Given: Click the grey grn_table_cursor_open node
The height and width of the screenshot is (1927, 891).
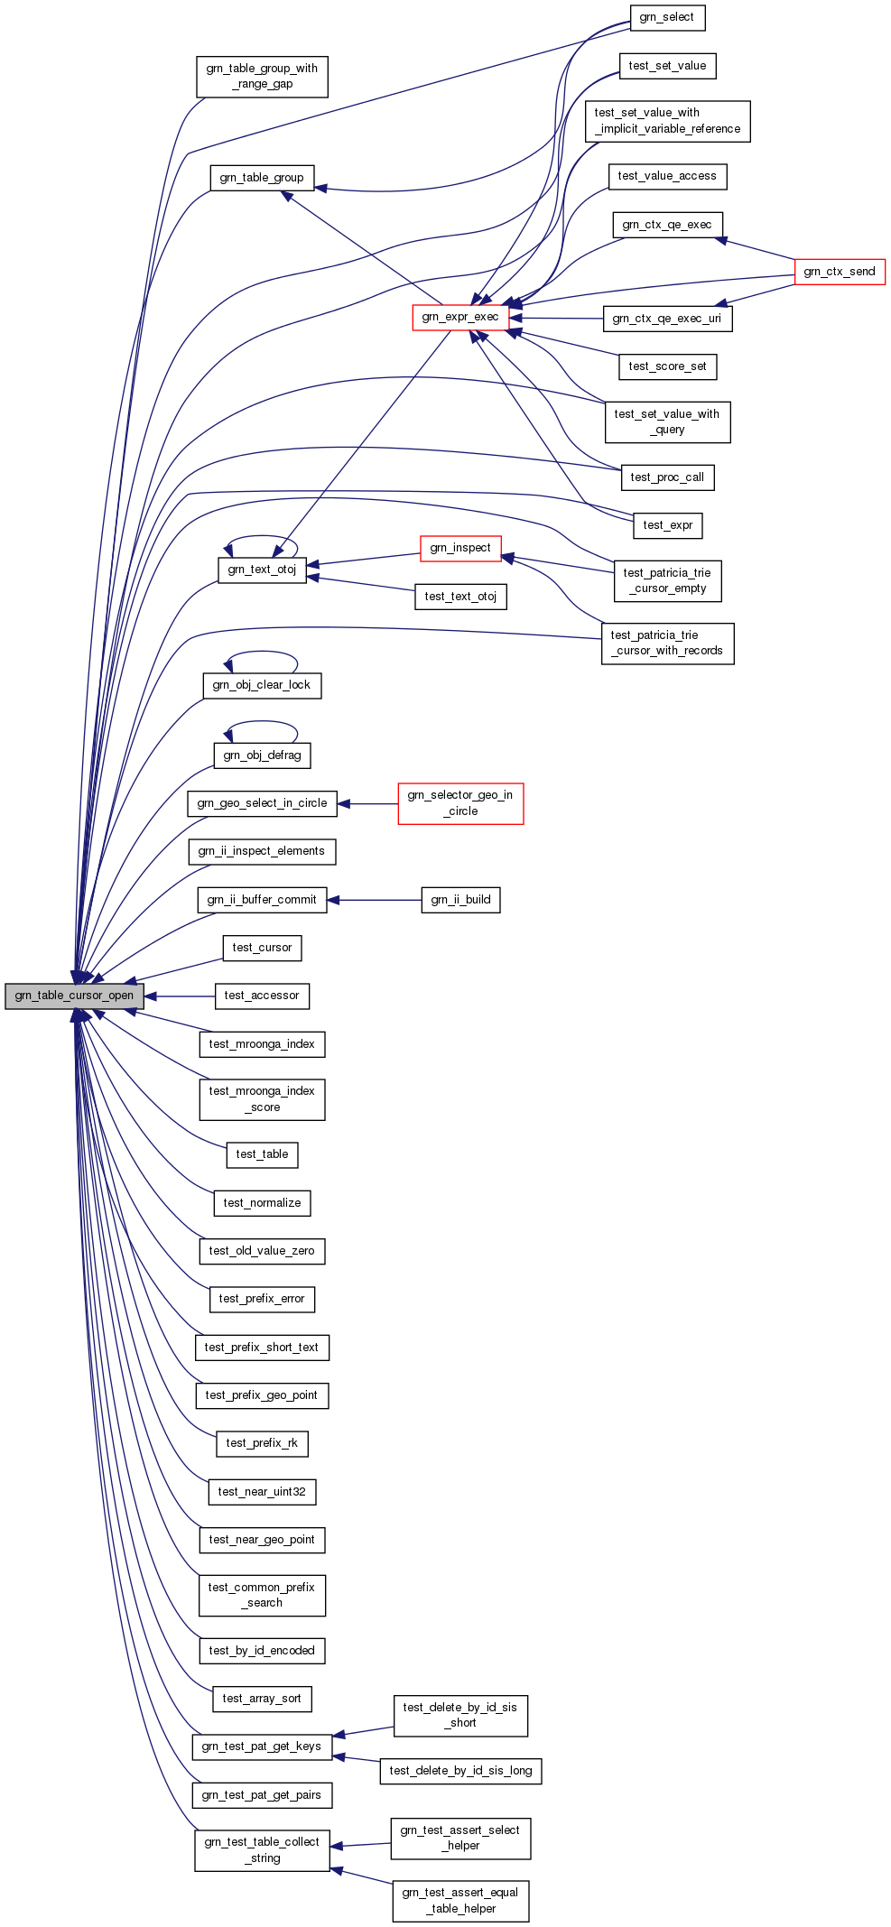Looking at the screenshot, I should [x=74, y=996].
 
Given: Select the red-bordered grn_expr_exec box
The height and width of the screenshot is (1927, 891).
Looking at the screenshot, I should [x=459, y=318].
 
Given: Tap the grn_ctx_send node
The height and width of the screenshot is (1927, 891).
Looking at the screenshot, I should [x=839, y=272].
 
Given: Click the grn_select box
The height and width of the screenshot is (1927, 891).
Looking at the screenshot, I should [x=666, y=18].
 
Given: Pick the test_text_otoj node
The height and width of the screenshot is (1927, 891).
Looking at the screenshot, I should [x=460, y=597].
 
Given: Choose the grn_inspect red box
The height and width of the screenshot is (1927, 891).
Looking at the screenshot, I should [x=460, y=549].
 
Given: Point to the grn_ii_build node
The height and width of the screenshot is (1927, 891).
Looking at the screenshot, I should [x=460, y=900].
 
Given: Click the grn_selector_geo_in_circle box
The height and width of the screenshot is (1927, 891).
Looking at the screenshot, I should [x=460, y=803].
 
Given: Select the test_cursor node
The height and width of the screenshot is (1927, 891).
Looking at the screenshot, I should [x=262, y=948].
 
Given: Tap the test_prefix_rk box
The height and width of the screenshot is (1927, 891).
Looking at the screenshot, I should [x=262, y=1443].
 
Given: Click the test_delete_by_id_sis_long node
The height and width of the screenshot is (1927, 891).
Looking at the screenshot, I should [x=460, y=1771].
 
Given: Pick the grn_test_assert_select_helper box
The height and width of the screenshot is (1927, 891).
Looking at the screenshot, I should [x=460, y=1839].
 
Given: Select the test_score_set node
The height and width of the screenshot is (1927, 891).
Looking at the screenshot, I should [x=667, y=366].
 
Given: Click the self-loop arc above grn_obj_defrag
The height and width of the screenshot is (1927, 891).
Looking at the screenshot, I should [x=262, y=722].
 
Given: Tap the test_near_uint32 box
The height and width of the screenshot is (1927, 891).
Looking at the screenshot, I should [x=262, y=1492].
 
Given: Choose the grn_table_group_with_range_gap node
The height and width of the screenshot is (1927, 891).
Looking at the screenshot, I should [x=262, y=77].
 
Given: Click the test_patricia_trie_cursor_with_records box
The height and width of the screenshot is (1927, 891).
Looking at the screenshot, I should [x=667, y=644].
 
